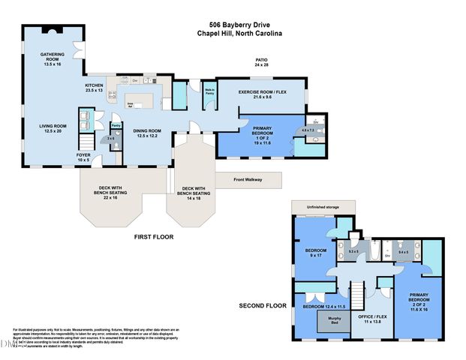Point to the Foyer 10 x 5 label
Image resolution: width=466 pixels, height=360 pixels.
click(x=83, y=157)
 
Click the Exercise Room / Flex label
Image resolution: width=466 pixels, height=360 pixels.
click(x=263, y=94)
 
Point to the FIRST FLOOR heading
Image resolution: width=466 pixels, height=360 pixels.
click(x=154, y=236)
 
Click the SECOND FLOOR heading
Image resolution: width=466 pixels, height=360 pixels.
click(x=263, y=307)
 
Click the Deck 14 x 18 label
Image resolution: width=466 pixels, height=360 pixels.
click(x=194, y=193)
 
